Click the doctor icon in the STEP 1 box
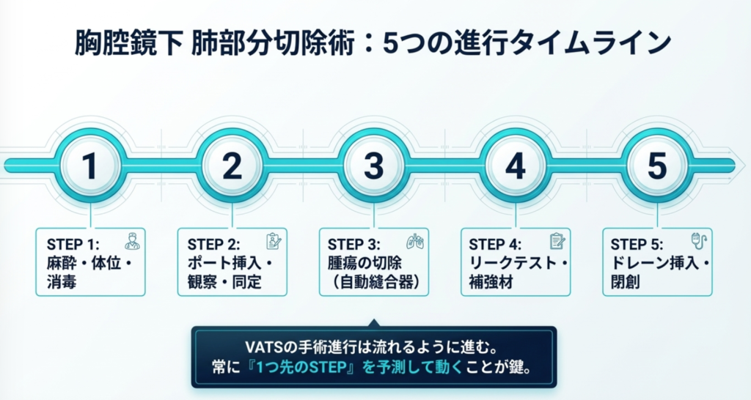131,242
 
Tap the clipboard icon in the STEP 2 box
274,242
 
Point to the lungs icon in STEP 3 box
415,242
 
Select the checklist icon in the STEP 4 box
557,241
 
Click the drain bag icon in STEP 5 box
698,242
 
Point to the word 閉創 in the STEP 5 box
626,281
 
